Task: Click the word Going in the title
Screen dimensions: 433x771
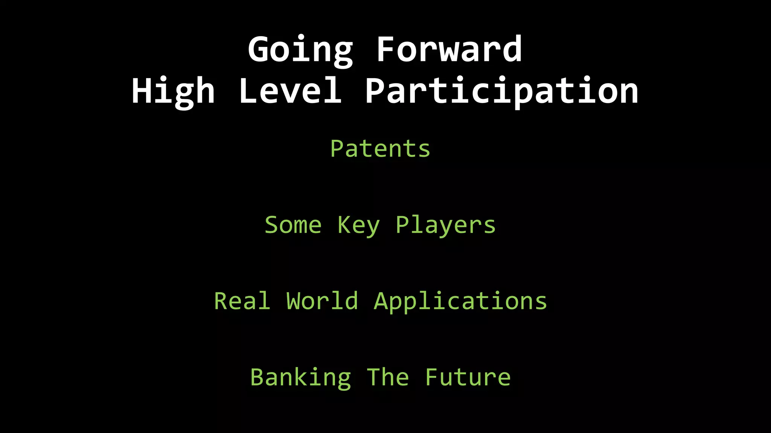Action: (300, 50)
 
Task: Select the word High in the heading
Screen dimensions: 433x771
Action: (173, 91)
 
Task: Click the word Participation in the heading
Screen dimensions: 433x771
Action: (501, 91)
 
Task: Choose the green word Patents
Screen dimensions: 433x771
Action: (380, 149)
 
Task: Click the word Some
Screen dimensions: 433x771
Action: (293, 225)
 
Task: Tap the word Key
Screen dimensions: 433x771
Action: (358, 226)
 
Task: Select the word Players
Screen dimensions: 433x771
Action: (446, 226)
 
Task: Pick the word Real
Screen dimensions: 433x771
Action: (242, 301)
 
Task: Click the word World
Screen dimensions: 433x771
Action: (322, 301)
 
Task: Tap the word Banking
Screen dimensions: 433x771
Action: (301, 378)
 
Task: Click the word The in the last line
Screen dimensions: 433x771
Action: (388, 377)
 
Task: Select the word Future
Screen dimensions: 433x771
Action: (468, 377)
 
